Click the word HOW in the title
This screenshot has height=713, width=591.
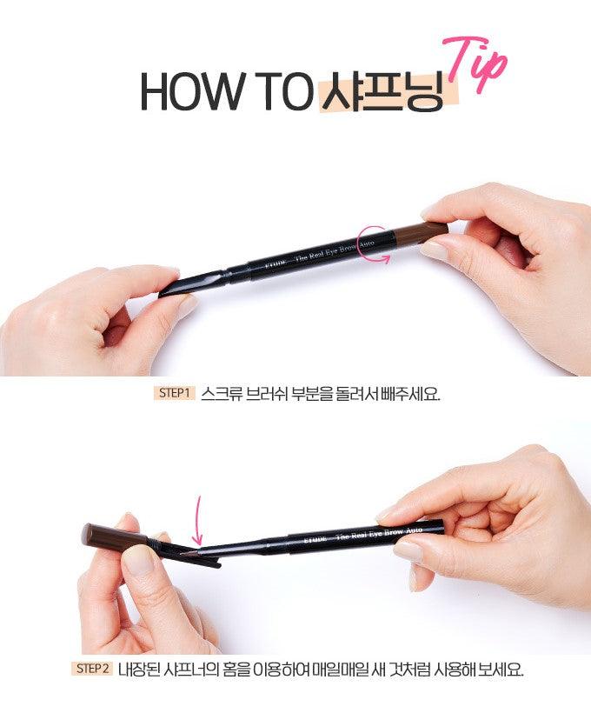point(190,91)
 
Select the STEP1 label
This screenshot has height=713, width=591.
point(174,393)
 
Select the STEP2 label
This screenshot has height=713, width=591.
point(93,669)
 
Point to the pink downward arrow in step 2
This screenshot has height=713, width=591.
point(198,520)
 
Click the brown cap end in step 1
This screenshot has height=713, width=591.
point(421,233)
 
